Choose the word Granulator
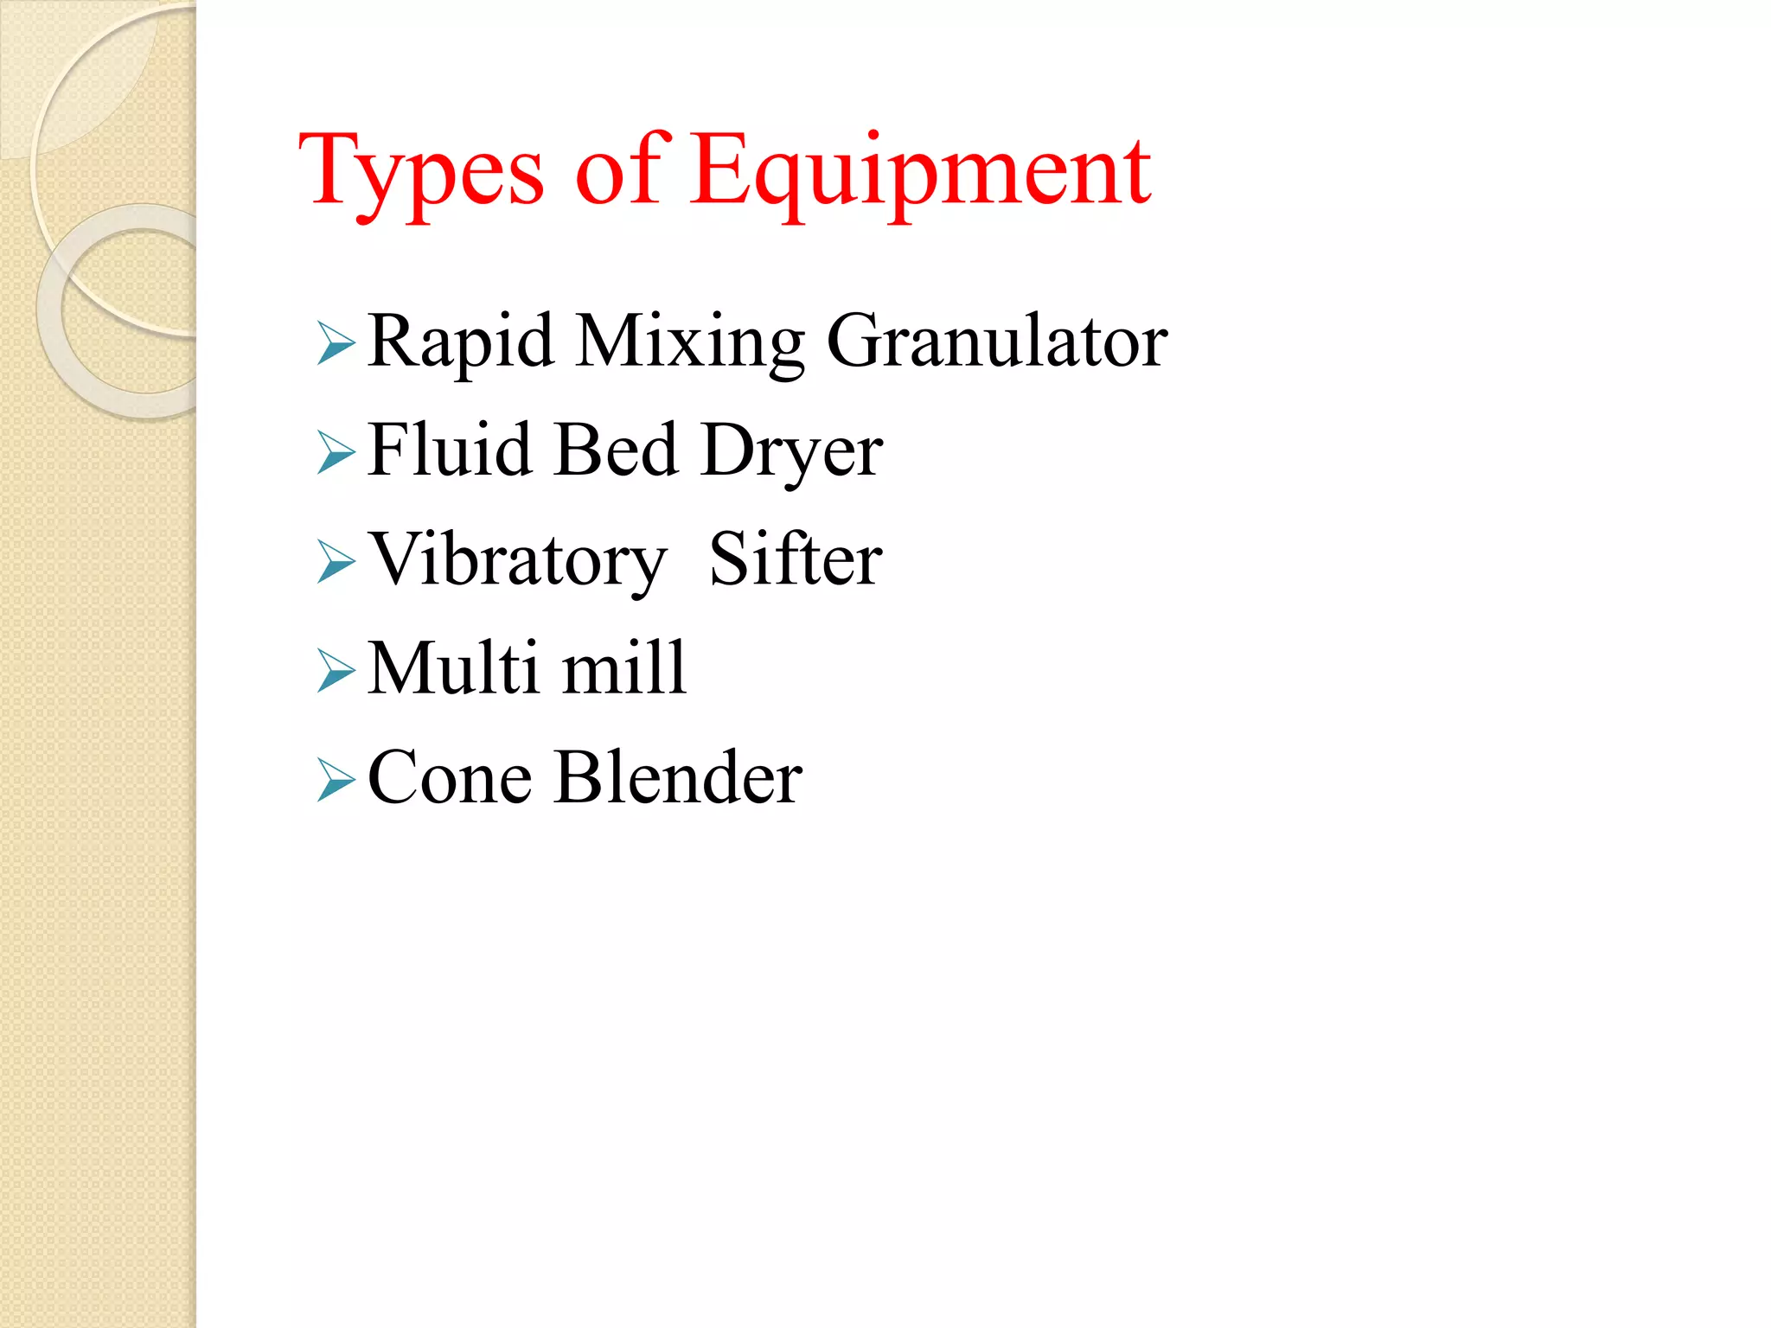pyautogui.click(x=996, y=342)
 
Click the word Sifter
pyautogui.click(x=796, y=559)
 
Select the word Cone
pyautogui.click(x=450, y=778)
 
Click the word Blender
pyautogui.click(x=679, y=777)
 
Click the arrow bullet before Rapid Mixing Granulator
pyautogui.click(x=336, y=343)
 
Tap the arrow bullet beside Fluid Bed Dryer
pyautogui.click(x=336, y=452)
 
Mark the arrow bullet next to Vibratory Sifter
pyautogui.click(x=336, y=561)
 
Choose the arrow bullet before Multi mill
pyautogui.click(x=336, y=671)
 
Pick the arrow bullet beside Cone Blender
pyautogui.click(x=336, y=780)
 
